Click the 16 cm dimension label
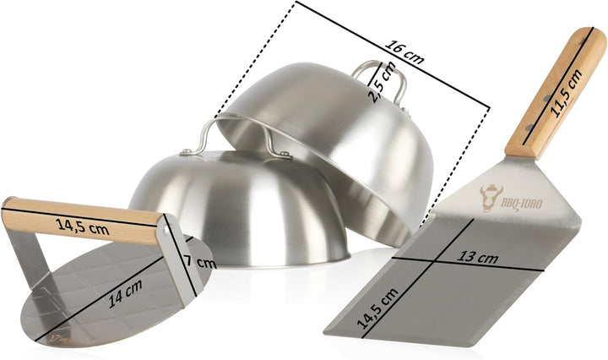tap(404, 52)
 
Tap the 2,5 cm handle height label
tap(382, 82)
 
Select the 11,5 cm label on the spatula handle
tap(566, 93)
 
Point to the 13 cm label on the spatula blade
tap(477, 257)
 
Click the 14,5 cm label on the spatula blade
tap(377, 308)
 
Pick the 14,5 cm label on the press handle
tap(82, 226)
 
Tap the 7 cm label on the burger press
tap(199, 262)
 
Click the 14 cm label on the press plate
tap(125, 294)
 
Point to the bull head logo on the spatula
tap(491, 198)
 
